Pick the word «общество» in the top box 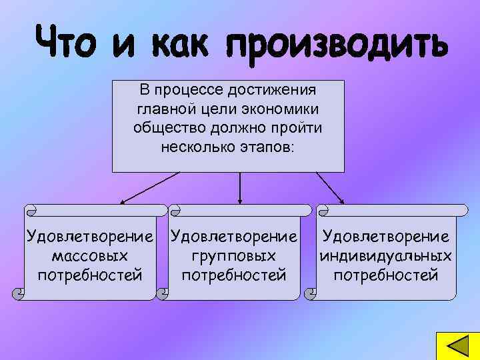pos(168,127)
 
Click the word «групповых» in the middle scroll pos(234,255)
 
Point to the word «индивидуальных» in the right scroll pos(385,255)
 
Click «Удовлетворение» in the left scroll pos(89,236)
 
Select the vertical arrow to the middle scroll pos(239,187)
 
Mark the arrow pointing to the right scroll pos(329,187)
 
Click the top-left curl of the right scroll pos(324,211)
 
